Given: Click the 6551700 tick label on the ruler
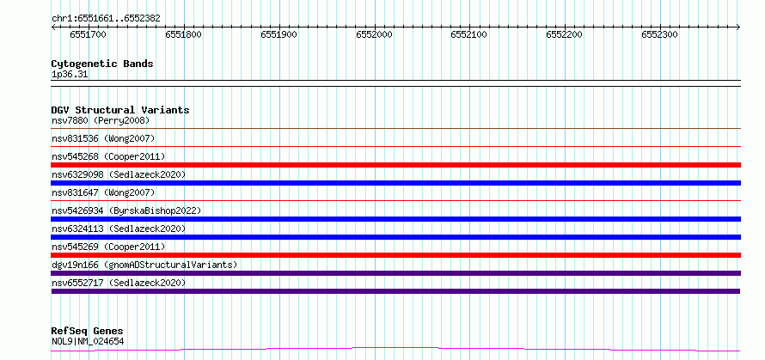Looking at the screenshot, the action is pyautogui.click(x=88, y=34).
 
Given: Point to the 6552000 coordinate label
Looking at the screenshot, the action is pyautogui.click(x=374, y=34).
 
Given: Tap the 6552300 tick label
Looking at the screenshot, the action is pyautogui.click(x=659, y=34).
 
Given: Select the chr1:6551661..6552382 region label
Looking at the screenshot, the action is pyautogui.click(x=106, y=19).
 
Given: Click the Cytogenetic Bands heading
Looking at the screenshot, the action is pyautogui.click(x=102, y=64).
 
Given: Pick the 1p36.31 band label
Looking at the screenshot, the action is pyautogui.click(x=70, y=75).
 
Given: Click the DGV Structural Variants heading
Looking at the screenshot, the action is pyautogui.click(x=120, y=110).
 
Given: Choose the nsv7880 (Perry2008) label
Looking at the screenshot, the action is pyautogui.click(x=101, y=120).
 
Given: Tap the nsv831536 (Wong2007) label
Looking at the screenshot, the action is pyautogui.click(x=103, y=138).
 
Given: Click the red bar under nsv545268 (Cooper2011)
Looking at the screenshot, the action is pyautogui.click(x=395, y=165).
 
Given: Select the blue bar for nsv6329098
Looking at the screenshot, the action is pyautogui.click(x=395, y=183).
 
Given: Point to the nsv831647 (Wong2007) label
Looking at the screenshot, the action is pyautogui.click(x=103, y=192).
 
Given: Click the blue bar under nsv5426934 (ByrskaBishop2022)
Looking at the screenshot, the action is pyautogui.click(x=395, y=219).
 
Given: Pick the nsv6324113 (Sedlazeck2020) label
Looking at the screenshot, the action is pyautogui.click(x=119, y=229).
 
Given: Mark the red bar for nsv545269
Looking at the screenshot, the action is pyautogui.click(x=395, y=255).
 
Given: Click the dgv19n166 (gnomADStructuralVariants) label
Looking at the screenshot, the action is pyautogui.click(x=144, y=265).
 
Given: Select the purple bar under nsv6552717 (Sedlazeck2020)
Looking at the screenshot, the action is pyautogui.click(x=395, y=291).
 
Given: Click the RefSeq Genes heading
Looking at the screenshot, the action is pyautogui.click(x=88, y=332).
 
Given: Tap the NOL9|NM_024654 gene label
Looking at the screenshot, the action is pyautogui.click(x=88, y=341).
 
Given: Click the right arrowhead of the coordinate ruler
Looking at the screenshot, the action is pyautogui.click(x=738, y=27).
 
